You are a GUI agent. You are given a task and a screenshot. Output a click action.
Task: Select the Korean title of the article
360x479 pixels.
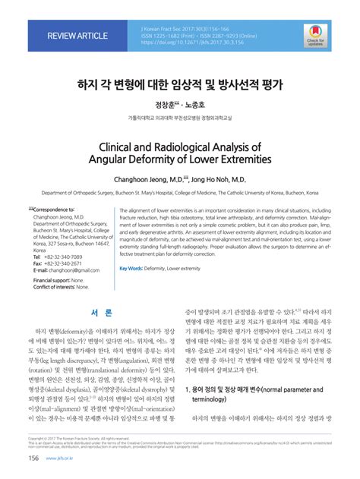click(x=180, y=84)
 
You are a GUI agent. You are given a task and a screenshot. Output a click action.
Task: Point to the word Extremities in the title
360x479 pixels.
click(x=239, y=159)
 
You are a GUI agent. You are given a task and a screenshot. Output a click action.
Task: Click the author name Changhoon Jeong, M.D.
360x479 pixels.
click(x=148, y=181)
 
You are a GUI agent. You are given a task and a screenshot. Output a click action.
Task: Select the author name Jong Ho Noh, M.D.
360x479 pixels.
click(x=219, y=181)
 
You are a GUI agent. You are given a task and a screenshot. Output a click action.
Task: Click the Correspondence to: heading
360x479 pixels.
click(x=53, y=209)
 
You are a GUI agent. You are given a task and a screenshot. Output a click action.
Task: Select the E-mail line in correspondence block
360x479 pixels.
click(x=68, y=270)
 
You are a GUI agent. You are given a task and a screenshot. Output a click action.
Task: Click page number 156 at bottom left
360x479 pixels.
click(x=34, y=459)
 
